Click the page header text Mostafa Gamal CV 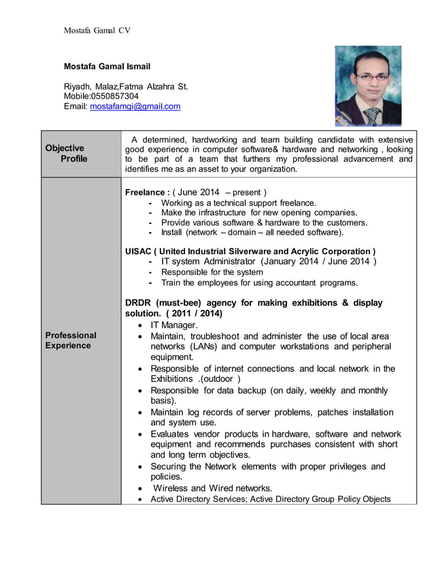pyautogui.click(x=97, y=31)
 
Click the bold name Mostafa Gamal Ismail pyautogui.click(x=107, y=67)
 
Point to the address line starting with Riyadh pyautogui.click(x=126, y=86)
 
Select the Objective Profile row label pyautogui.click(x=65, y=153)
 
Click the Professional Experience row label pyautogui.click(x=71, y=340)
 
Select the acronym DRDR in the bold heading pyautogui.click(x=138, y=303)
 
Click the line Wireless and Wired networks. pyautogui.click(x=212, y=488)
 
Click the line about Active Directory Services pyautogui.click(x=270, y=499)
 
